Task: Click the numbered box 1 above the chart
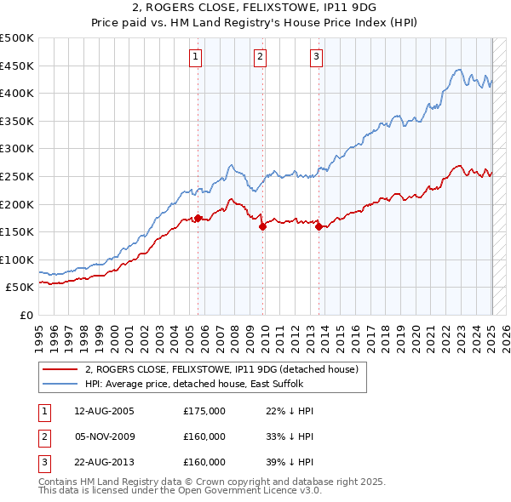[x=196, y=57]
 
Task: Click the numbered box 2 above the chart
[x=260, y=57]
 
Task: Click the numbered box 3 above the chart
[x=316, y=57]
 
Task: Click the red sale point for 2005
[x=198, y=218]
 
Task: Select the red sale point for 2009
[x=262, y=225]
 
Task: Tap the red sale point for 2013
[x=319, y=225]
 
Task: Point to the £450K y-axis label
[x=17, y=66]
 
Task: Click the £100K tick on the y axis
[x=17, y=260]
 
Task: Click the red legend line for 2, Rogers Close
[x=61, y=369]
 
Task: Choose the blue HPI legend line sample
[x=61, y=384]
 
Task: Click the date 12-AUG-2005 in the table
[x=104, y=411]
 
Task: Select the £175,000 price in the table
[x=204, y=411]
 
